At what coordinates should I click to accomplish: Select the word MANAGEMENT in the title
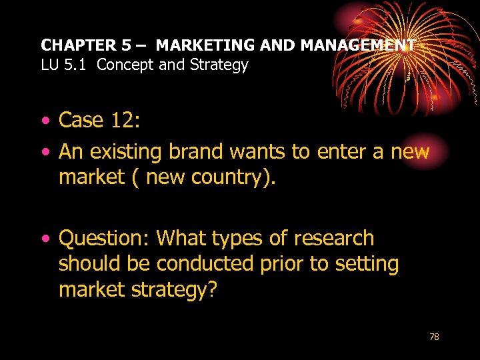click(x=357, y=45)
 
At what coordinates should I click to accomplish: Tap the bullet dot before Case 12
click(x=45, y=121)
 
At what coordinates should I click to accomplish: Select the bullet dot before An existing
click(x=45, y=153)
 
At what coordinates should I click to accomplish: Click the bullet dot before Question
click(x=45, y=239)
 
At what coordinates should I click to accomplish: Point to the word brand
click(x=197, y=152)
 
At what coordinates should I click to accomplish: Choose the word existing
click(x=131, y=152)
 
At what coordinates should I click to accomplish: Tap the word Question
click(x=103, y=239)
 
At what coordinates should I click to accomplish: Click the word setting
click(x=365, y=264)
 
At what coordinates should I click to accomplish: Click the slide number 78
click(x=434, y=337)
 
